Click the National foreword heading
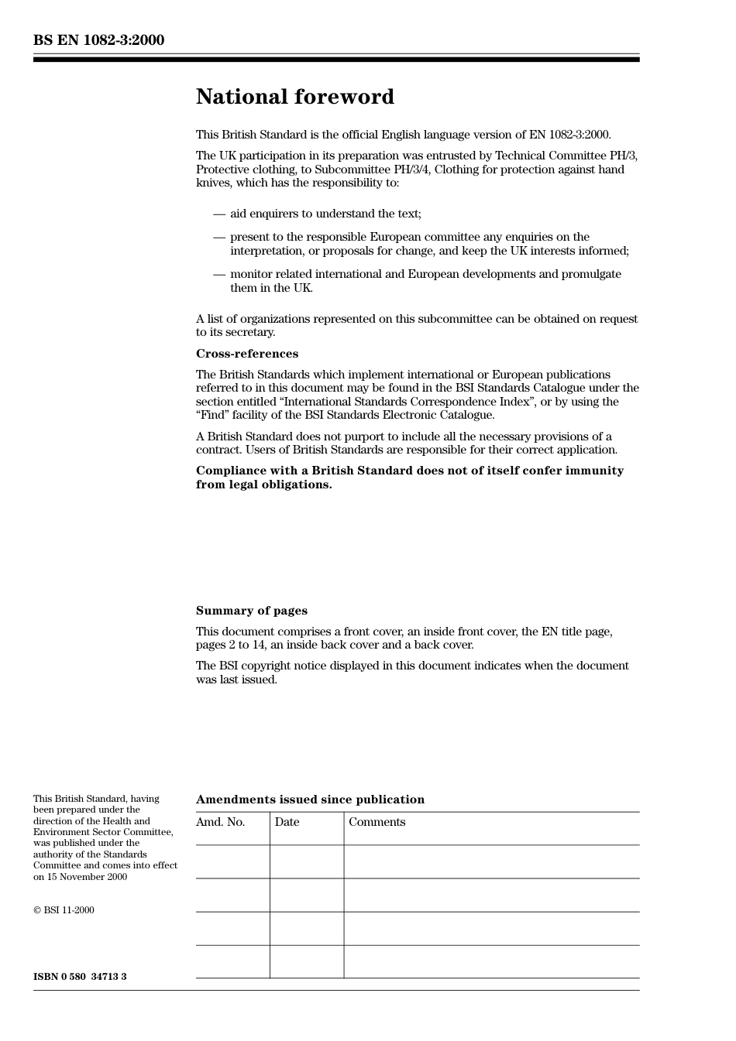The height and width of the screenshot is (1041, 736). pyautogui.click(x=294, y=97)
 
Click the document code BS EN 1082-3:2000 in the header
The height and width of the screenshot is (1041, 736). pyautogui.click(x=98, y=40)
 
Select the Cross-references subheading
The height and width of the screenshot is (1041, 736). pyautogui.click(x=246, y=354)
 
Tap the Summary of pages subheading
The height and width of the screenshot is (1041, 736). pyautogui.click(x=251, y=611)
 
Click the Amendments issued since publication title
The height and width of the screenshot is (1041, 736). pyautogui.click(x=310, y=800)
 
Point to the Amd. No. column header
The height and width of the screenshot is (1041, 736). pyautogui.click(x=220, y=822)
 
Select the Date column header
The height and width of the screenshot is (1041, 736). pyautogui.click(x=287, y=822)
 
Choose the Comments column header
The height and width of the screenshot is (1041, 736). pyautogui.click(x=377, y=822)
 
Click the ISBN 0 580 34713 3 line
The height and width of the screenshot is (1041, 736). pyautogui.click(x=80, y=977)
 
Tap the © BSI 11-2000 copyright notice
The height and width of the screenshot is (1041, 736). pyautogui.click(x=64, y=910)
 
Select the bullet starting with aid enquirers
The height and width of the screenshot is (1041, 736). pyautogui.click(x=325, y=214)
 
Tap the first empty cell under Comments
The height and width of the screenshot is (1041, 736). pyautogui.click(x=491, y=861)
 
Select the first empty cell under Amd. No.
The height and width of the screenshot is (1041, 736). pyautogui.click(x=232, y=861)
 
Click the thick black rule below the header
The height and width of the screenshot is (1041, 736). pyautogui.click(x=336, y=60)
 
